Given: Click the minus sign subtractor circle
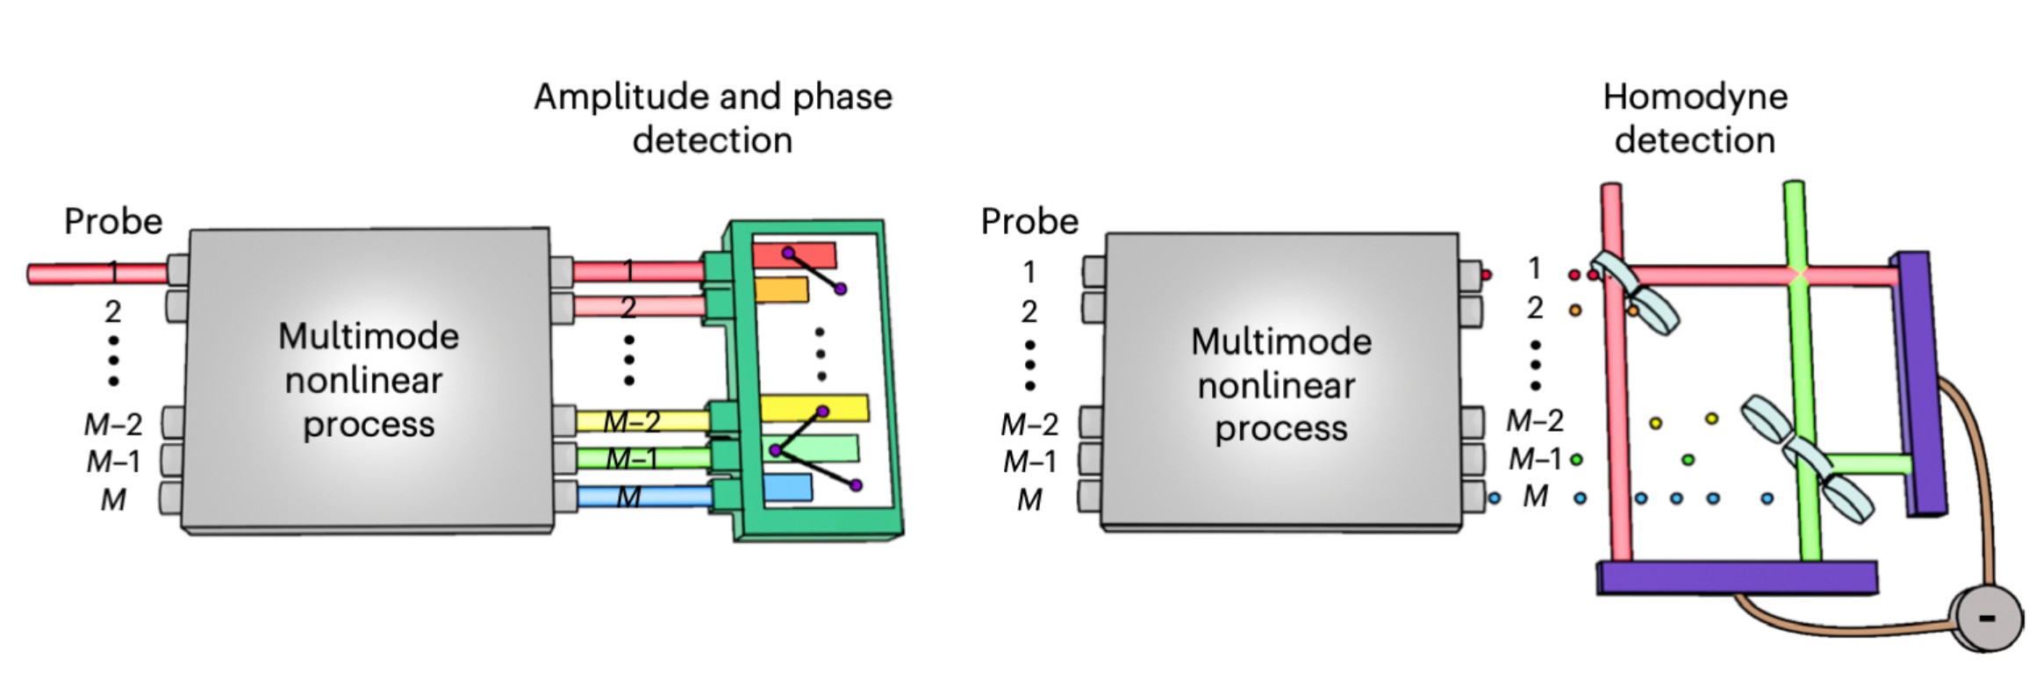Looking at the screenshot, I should coord(1986,619).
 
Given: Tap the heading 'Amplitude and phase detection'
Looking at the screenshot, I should coord(713,118).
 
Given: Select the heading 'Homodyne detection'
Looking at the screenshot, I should coord(1695,118).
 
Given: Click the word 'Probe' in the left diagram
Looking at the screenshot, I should coord(113,221).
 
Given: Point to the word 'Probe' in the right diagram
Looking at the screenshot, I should coord(1029,221).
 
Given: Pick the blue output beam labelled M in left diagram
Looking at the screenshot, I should coord(645,497).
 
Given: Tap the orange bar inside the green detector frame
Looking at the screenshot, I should coord(781,290).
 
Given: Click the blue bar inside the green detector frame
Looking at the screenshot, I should coord(787,489).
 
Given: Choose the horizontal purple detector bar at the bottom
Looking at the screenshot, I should coord(1736,578).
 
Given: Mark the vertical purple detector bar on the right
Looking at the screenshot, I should coord(1920,382).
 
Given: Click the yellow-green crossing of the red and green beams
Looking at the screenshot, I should coord(1797,275).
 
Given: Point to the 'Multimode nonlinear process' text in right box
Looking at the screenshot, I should coord(1280,384).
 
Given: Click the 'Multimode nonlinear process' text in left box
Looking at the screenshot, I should coord(369,380).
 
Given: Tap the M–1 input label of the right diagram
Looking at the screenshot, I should coord(1029,462).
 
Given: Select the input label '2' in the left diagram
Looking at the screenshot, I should coord(113,311).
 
